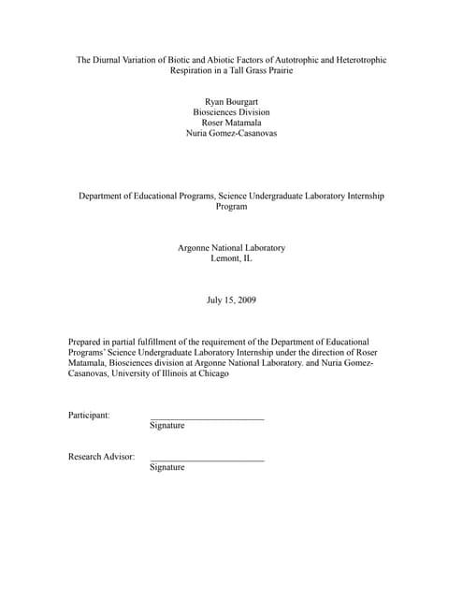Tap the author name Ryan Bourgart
click(231, 100)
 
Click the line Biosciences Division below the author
click(231, 111)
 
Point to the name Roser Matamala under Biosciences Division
click(231, 123)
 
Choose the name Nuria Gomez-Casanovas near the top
click(231, 134)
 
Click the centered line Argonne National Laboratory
click(231, 247)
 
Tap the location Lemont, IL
click(231, 258)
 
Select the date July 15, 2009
click(231, 300)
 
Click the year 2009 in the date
click(245, 300)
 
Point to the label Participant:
click(89, 415)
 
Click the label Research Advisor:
click(101, 457)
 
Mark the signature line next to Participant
click(207, 417)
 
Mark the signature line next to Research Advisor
click(207, 460)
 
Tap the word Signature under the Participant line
click(167, 426)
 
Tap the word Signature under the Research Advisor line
click(167, 467)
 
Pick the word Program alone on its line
click(231, 207)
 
